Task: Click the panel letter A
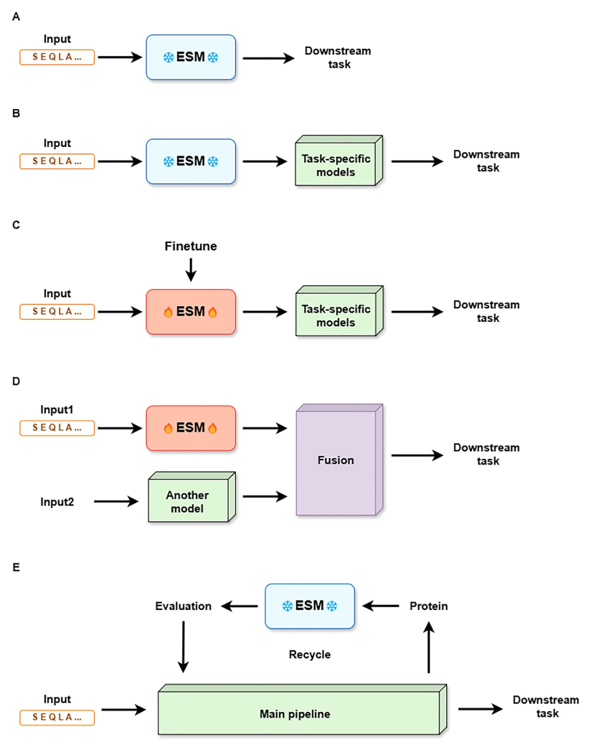(16, 16)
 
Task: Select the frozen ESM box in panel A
(191, 57)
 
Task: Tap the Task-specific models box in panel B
(339, 161)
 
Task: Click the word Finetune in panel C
(191, 246)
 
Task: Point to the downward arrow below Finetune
(191, 270)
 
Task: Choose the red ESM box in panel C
(191, 312)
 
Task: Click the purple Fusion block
(339, 460)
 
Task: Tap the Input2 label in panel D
(57, 502)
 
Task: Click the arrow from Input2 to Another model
(116, 502)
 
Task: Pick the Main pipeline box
(302, 709)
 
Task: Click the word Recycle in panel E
(309, 655)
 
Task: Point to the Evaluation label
(183, 606)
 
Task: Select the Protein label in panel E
(428, 606)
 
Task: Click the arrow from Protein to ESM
(380, 606)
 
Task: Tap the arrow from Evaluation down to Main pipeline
(183, 647)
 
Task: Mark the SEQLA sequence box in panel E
(57, 718)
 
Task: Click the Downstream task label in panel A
(339, 57)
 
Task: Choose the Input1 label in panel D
(57, 409)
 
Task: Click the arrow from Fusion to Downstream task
(417, 455)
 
